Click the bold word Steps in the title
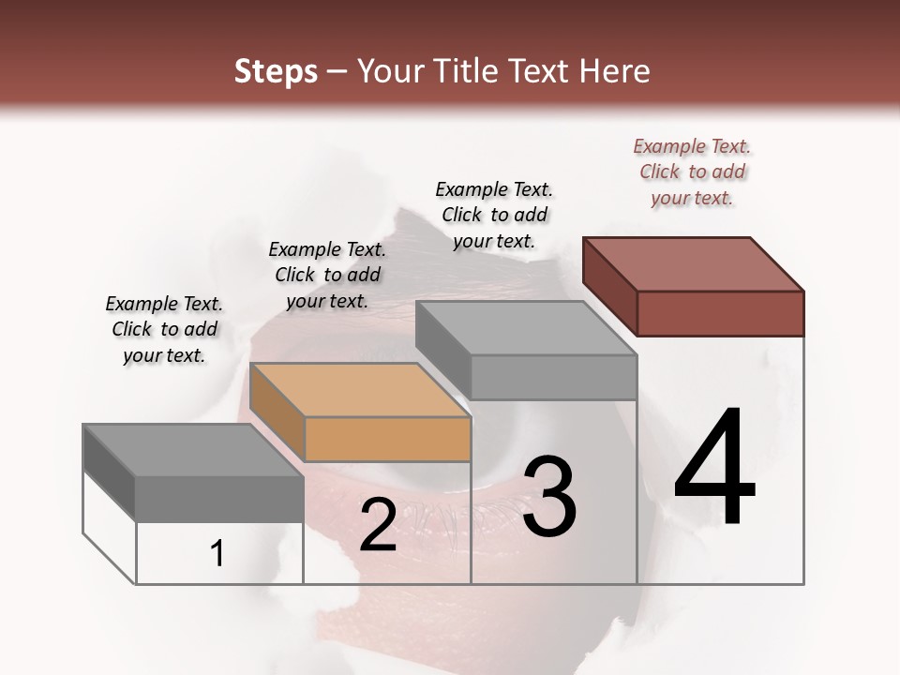pos(276,71)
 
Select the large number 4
pos(714,469)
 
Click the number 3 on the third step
pos(548,497)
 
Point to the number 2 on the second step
pos(378,525)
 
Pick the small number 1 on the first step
pos(217,553)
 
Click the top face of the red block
pos(694,263)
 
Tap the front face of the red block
pos(720,313)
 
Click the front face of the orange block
pos(387,439)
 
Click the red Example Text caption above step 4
pos(692,172)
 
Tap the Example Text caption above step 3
pos(494,215)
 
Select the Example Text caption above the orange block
pos(327,275)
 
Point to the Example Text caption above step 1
pos(164,329)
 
